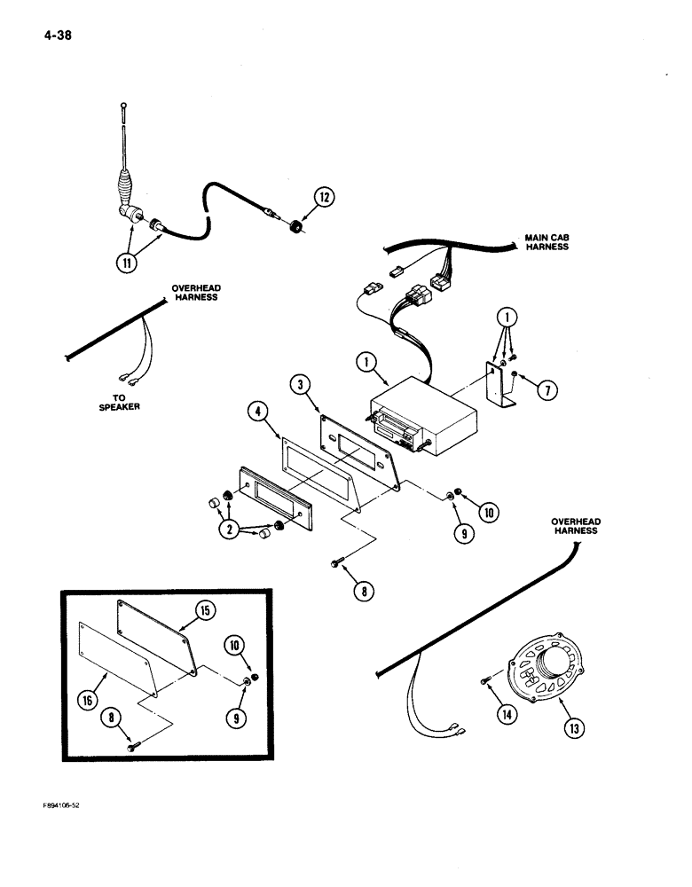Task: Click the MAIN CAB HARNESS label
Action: (546, 241)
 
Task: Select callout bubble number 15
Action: (203, 611)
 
